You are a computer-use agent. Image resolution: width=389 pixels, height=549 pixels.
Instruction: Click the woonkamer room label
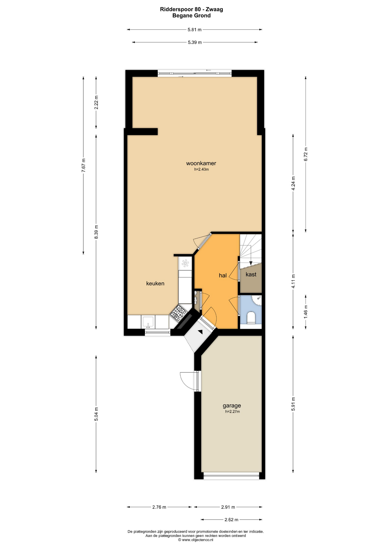point(201,163)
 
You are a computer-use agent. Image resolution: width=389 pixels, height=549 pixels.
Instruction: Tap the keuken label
point(155,283)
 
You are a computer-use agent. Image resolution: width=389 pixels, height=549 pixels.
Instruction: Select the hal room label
point(223,275)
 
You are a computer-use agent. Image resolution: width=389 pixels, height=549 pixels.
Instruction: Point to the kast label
point(251,274)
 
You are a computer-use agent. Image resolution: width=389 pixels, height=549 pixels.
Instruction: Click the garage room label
point(232,405)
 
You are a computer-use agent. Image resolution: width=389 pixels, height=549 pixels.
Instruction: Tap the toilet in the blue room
point(251,318)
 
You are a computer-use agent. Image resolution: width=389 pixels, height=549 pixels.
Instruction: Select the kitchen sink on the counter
point(148,322)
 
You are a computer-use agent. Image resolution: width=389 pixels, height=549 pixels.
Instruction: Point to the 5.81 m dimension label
point(194,29)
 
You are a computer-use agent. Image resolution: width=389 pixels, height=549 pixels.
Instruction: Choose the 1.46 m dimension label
point(306,312)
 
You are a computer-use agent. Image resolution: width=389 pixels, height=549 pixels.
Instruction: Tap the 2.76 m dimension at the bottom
point(159,507)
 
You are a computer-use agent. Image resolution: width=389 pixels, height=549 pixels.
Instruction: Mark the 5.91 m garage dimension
point(293,404)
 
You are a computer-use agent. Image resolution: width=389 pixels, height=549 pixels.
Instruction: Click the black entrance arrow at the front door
point(201,332)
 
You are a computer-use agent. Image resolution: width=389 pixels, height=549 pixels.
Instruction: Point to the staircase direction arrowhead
point(251,263)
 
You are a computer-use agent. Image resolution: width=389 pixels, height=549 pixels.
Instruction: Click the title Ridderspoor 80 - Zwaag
point(191,9)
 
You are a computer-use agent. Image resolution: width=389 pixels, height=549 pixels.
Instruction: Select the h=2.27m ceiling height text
point(232,412)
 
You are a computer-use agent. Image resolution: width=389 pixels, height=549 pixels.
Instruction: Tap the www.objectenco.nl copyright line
point(196,540)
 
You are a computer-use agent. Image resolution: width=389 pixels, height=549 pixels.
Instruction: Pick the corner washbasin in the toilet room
point(257,300)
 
